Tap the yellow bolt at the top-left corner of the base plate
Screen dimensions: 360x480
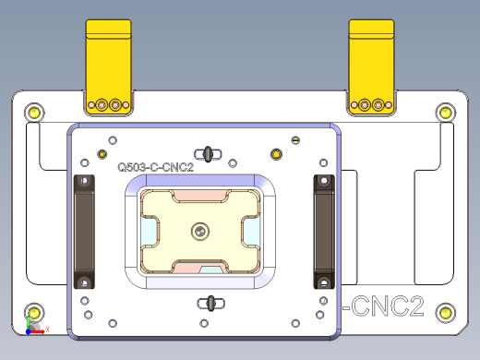[x=34, y=113]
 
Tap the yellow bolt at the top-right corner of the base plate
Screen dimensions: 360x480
[x=445, y=113]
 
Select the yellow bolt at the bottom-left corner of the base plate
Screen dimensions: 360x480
[x=34, y=312]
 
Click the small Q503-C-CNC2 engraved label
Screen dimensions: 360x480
[x=155, y=168]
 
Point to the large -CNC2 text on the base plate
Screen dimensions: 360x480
[x=382, y=306]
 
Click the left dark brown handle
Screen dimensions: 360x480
[x=84, y=231]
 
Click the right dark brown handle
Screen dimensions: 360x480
[x=323, y=231]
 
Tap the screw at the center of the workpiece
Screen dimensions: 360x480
[x=200, y=230]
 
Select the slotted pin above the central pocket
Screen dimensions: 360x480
[x=210, y=152]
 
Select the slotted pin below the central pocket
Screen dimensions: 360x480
[x=211, y=301]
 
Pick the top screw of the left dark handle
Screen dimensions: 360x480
[x=84, y=181]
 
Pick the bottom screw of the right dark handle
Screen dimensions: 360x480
[x=323, y=281]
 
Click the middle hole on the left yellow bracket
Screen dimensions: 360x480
[x=104, y=104]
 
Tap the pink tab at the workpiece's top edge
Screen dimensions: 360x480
[x=199, y=197]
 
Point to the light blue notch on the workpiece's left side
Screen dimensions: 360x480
[x=147, y=230]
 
